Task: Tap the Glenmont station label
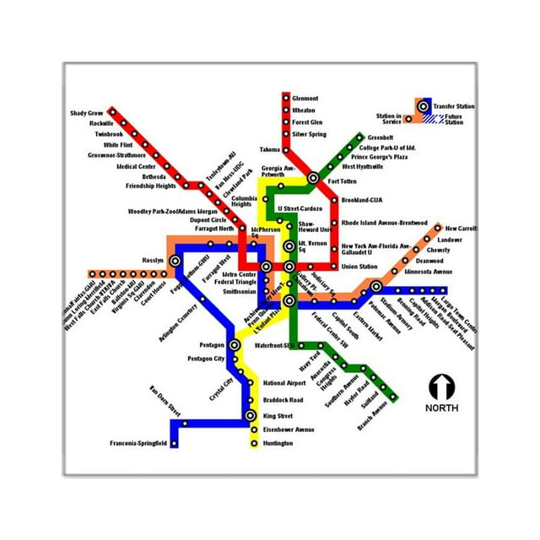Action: (305, 99)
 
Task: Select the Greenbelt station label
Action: (381, 138)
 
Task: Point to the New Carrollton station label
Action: (461, 229)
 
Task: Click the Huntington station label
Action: (278, 443)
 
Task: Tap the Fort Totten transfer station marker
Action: (312, 178)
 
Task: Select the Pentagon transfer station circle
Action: (234, 344)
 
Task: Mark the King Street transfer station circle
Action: (250, 416)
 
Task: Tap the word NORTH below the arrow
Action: (441, 408)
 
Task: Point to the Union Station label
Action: (359, 267)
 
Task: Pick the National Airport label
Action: (283, 382)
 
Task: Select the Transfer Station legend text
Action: (454, 106)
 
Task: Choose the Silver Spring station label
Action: (309, 134)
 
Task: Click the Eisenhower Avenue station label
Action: (288, 429)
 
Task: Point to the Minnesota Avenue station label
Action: (428, 272)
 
